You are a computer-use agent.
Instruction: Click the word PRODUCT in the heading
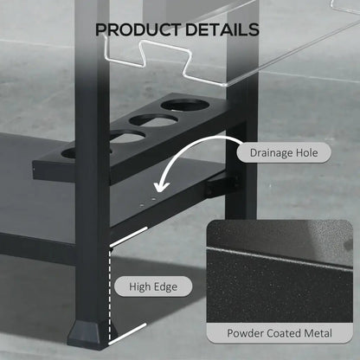(138, 29)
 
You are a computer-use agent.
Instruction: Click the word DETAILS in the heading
(222, 29)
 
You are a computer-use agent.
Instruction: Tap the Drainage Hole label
(284, 152)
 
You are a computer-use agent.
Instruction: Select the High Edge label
(153, 286)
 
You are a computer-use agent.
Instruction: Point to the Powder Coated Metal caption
(280, 333)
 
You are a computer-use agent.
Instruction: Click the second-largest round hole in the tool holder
(153, 120)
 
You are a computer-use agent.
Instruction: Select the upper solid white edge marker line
(129, 237)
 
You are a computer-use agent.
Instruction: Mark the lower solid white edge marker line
(127, 334)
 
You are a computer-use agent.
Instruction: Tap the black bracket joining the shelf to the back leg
(222, 185)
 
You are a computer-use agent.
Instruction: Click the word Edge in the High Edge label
(165, 287)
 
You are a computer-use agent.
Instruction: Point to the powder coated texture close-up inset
(280, 272)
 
